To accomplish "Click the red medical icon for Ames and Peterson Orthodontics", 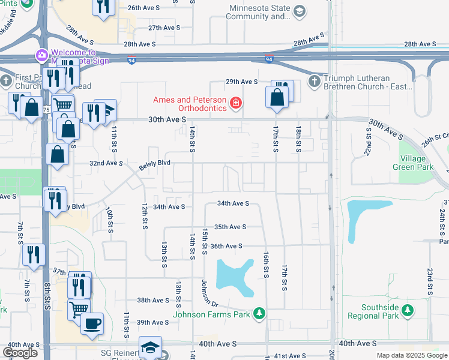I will (236, 103).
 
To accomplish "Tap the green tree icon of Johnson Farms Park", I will (259, 314).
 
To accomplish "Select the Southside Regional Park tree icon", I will (408, 310).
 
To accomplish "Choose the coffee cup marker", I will (92, 323).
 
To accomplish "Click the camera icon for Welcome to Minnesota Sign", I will (42, 56).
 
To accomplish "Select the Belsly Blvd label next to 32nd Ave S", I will (155, 163).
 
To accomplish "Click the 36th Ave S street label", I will (226, 246).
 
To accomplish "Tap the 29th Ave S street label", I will (241, 82).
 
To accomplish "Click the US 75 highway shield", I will (46, 109).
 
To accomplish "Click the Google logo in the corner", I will (20, 353).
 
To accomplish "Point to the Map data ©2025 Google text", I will (411, 355).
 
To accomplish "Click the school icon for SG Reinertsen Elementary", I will (150, 347).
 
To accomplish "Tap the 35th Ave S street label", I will (231, 227).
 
